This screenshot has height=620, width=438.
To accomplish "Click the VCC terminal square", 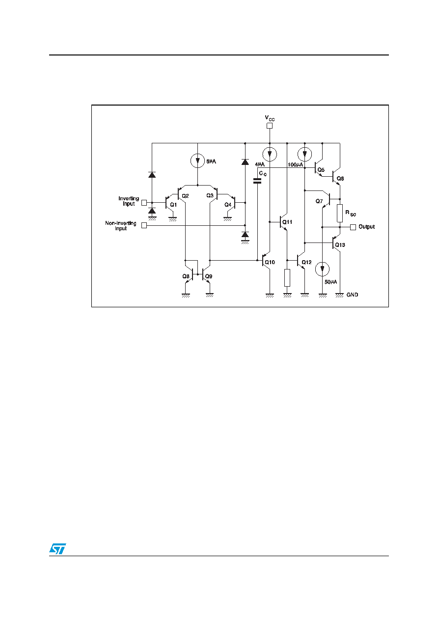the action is pos(269,126).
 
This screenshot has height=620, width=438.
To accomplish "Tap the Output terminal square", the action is pos(353,227).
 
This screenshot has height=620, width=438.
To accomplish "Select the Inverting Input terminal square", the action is pos(144,203).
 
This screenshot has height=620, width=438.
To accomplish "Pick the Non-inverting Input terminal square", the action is pos(144,226).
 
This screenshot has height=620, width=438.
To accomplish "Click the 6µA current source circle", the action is pos(198,161).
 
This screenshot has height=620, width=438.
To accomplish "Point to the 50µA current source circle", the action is pos(322,269).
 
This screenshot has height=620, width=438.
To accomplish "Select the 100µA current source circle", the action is pos(304,154).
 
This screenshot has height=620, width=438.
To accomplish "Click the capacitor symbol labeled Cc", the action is pos(257,181).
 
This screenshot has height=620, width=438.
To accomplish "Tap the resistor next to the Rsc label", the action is pos(340,213).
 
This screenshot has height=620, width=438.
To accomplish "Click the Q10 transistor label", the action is pos(270,262).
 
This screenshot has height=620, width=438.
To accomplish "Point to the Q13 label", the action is pos(340,244).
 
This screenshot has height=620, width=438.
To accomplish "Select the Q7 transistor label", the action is pos(319,201).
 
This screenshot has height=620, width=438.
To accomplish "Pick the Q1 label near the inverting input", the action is pos(173,205).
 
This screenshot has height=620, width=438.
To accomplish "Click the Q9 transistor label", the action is pos(209,276).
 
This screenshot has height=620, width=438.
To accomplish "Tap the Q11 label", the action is pos(287,222).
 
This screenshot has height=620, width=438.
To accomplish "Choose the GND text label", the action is pos(352,295).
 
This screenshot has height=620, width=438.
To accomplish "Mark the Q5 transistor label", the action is pos(321,170).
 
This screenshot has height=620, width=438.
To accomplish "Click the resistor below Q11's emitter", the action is pos(287,278).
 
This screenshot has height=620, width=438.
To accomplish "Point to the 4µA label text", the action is pos(260,164).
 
